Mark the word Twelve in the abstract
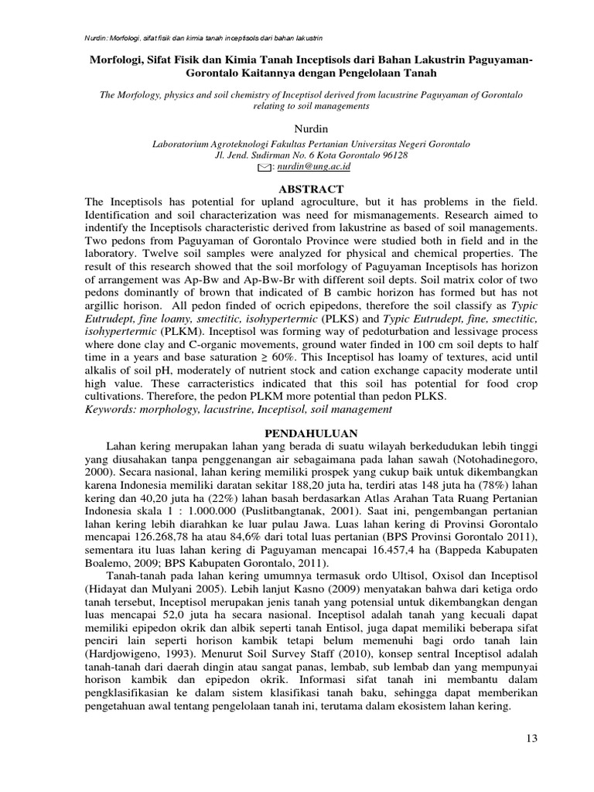point(164,252)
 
